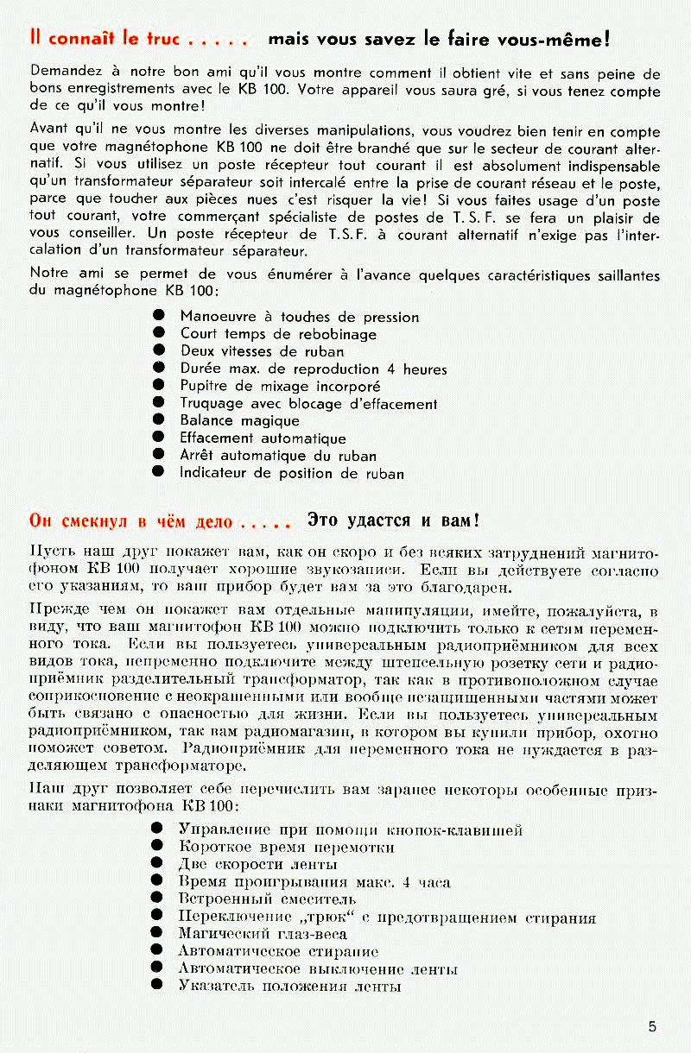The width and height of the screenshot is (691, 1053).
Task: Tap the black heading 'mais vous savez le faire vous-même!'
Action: pyautogui.click(x=440, y=39)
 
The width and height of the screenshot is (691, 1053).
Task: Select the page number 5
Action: pyautogui.click(x=652, y=1026)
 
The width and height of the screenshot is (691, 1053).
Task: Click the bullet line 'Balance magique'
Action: pyautogui.click(x=239, y=420)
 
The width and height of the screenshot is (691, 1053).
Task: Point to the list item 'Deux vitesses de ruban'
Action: pyautogui.click(x=262, y=351)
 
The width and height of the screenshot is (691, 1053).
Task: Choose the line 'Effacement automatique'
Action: pyautogui.click(x=263, y=438)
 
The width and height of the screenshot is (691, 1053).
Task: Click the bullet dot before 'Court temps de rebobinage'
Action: pyautogui.click(x=158, y=334)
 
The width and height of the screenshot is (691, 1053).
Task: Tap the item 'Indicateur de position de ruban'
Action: pyautogui.click(x=291, y=473)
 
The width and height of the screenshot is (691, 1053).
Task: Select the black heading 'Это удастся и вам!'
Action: pyautogui.click(x=393, y=520)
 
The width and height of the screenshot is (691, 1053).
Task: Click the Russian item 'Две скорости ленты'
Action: pyautogui.click(x=257, y=864)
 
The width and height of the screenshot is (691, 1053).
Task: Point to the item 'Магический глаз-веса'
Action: pyautogui.click(x=263, y=934)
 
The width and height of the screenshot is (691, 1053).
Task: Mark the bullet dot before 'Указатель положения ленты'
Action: pyautogui.click(x=157, y=986)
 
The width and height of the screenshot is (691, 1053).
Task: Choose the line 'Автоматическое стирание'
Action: pyautogui.click(x=278, y=951)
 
